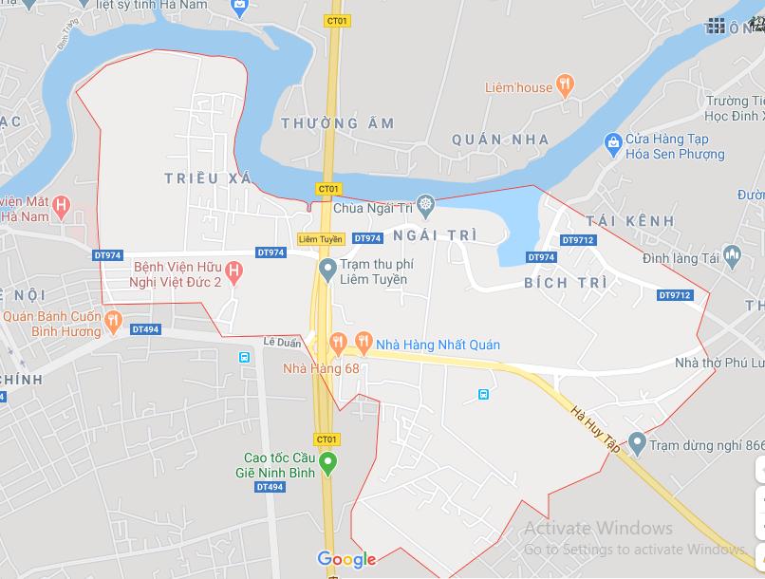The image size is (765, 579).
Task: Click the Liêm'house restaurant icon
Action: click(x=566, y=86)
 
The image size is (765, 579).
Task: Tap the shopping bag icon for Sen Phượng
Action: click(x=613, y=144)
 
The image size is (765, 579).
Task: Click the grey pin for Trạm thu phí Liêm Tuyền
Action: click(x=327, y=271)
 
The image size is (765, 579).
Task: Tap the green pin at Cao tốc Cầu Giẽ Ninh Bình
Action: click(x=327, y=463)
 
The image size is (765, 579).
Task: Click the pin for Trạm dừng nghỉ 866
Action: click(x=637, y=442)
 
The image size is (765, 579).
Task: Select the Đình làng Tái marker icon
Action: click(x=732, y=254)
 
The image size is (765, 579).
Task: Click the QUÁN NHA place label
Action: click(x=500, y=140)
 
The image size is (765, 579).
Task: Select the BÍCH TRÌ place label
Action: click(x=559, y=284)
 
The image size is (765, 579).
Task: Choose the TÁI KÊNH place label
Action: click(x=630, y=221)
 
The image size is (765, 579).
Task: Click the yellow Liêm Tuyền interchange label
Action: click(x=320, y=238)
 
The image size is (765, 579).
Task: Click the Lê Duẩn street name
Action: click(x=282, y=343)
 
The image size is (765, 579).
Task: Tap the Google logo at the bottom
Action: click(x=346, y=559)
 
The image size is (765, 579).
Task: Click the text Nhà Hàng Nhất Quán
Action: click(x=438, y=345)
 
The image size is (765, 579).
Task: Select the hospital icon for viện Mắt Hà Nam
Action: click(x=62, y=204)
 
